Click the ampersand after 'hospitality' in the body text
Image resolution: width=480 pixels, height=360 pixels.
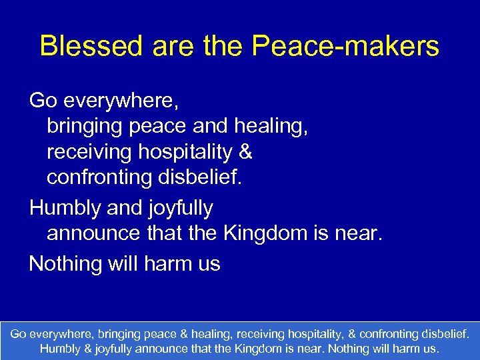coord(245,152)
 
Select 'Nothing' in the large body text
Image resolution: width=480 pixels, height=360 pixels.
coord(65,263)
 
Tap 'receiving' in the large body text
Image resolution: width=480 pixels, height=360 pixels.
coord(89,152)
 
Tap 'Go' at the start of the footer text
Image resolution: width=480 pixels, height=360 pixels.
coord(19,332)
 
